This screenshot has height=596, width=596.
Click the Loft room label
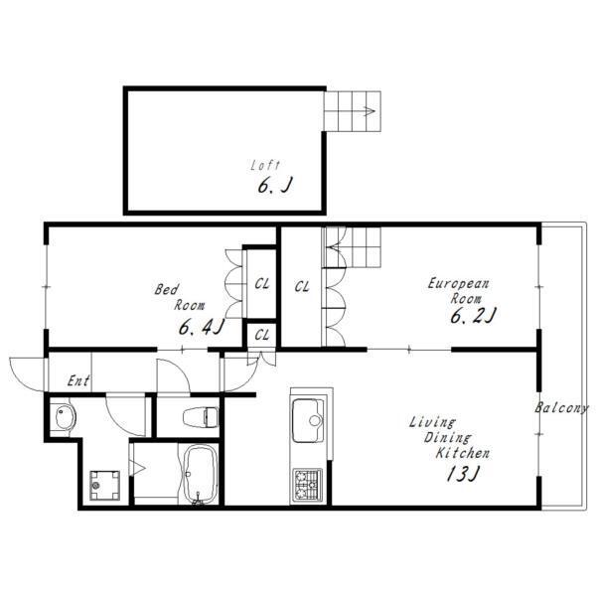coord(265,165)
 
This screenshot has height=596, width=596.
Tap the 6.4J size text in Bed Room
coord(202,327)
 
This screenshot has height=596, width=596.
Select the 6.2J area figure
coord(473,315)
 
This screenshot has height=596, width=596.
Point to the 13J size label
coord(463,473)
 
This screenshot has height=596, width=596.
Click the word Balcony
coord(561,408)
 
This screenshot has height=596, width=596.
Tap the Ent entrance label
coord(78,380)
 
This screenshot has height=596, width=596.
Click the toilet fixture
coord(201,416)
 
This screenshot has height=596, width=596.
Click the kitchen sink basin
coord(308,420)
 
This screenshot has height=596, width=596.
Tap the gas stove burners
coord(307,485)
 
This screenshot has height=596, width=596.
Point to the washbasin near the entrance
coord(64,417)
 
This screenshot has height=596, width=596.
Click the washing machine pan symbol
coord(104,486)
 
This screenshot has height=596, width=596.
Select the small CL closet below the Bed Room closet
coord(262,335)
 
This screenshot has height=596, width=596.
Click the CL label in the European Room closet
coord(302,286)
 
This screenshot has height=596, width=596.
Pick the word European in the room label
coord(458,283)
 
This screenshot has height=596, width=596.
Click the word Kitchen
coord(463,453)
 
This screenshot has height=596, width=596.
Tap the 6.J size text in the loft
coord(275,186)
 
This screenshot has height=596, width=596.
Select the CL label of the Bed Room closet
coord(262,283)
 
